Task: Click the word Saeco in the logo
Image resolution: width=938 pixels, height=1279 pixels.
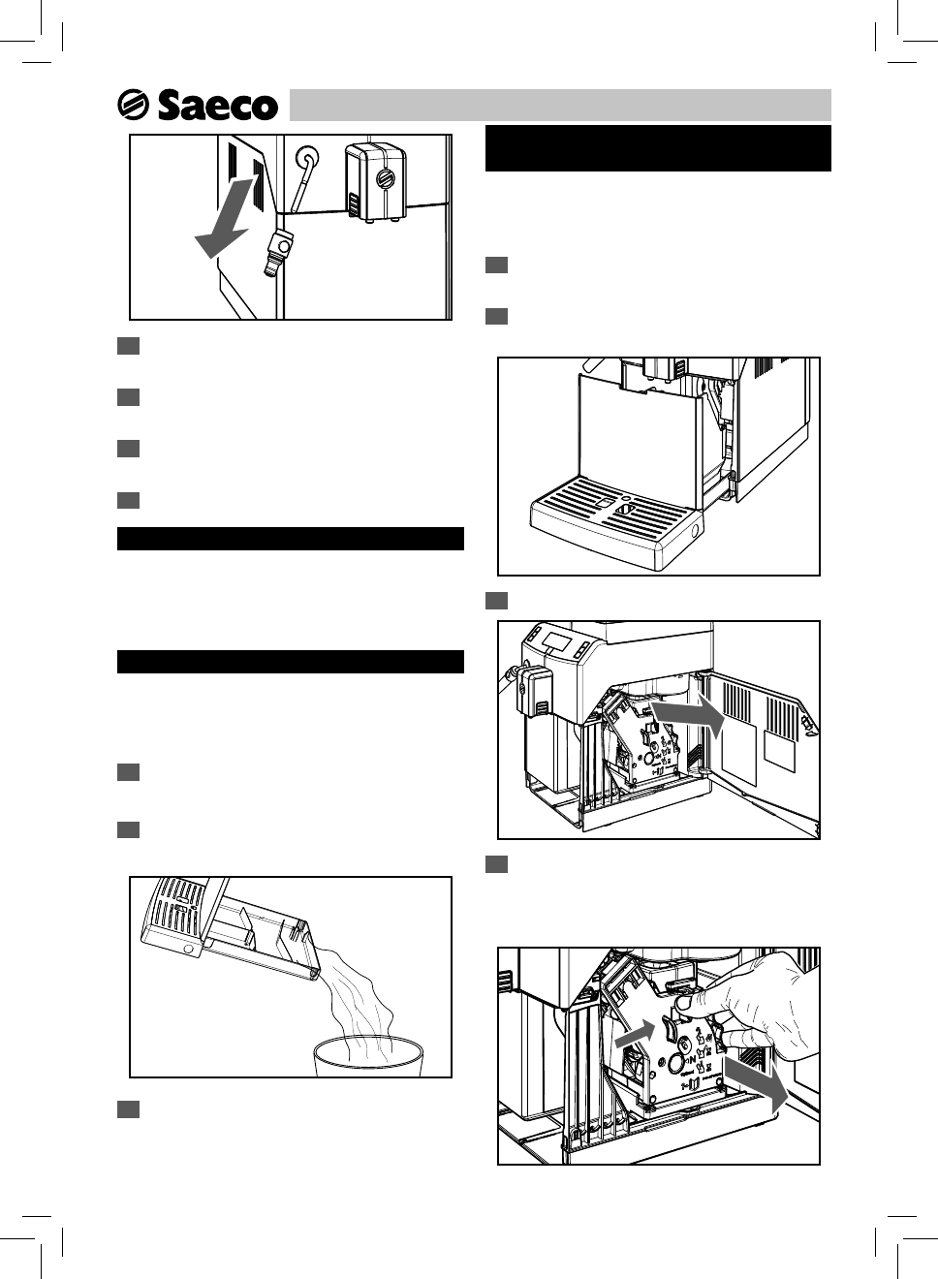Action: (x=217, y=105)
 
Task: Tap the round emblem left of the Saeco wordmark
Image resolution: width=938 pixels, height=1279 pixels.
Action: (x=133, y=105)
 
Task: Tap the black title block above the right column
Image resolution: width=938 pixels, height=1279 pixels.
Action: (x=658, y=148)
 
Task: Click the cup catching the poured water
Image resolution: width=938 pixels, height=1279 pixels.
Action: (x=366, y=1059)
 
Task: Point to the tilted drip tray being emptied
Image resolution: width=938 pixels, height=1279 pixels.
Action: (x=233, y=925)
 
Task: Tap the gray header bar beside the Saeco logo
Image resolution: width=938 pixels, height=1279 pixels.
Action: (x=560, y=105)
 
